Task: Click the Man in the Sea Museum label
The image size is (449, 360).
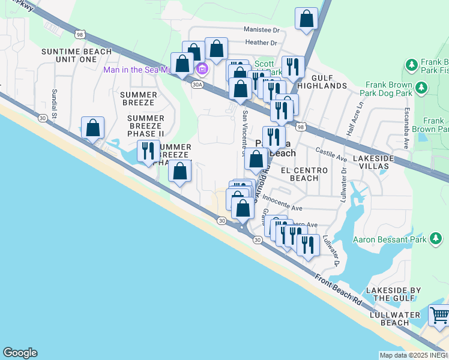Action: click(147, 70)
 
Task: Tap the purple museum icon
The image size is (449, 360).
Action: click(202, 70)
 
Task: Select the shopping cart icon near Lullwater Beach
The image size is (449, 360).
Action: click(439, 315)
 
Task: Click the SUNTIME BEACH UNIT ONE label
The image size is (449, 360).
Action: click(69, 55)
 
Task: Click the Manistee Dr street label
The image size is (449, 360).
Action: click(262, 29)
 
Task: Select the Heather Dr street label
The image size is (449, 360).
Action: click(261, 43)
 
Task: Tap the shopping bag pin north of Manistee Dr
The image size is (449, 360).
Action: click(306, 19)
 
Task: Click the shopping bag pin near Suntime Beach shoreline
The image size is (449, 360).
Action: click(93, 127)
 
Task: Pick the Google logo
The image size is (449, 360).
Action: click(20, 353)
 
